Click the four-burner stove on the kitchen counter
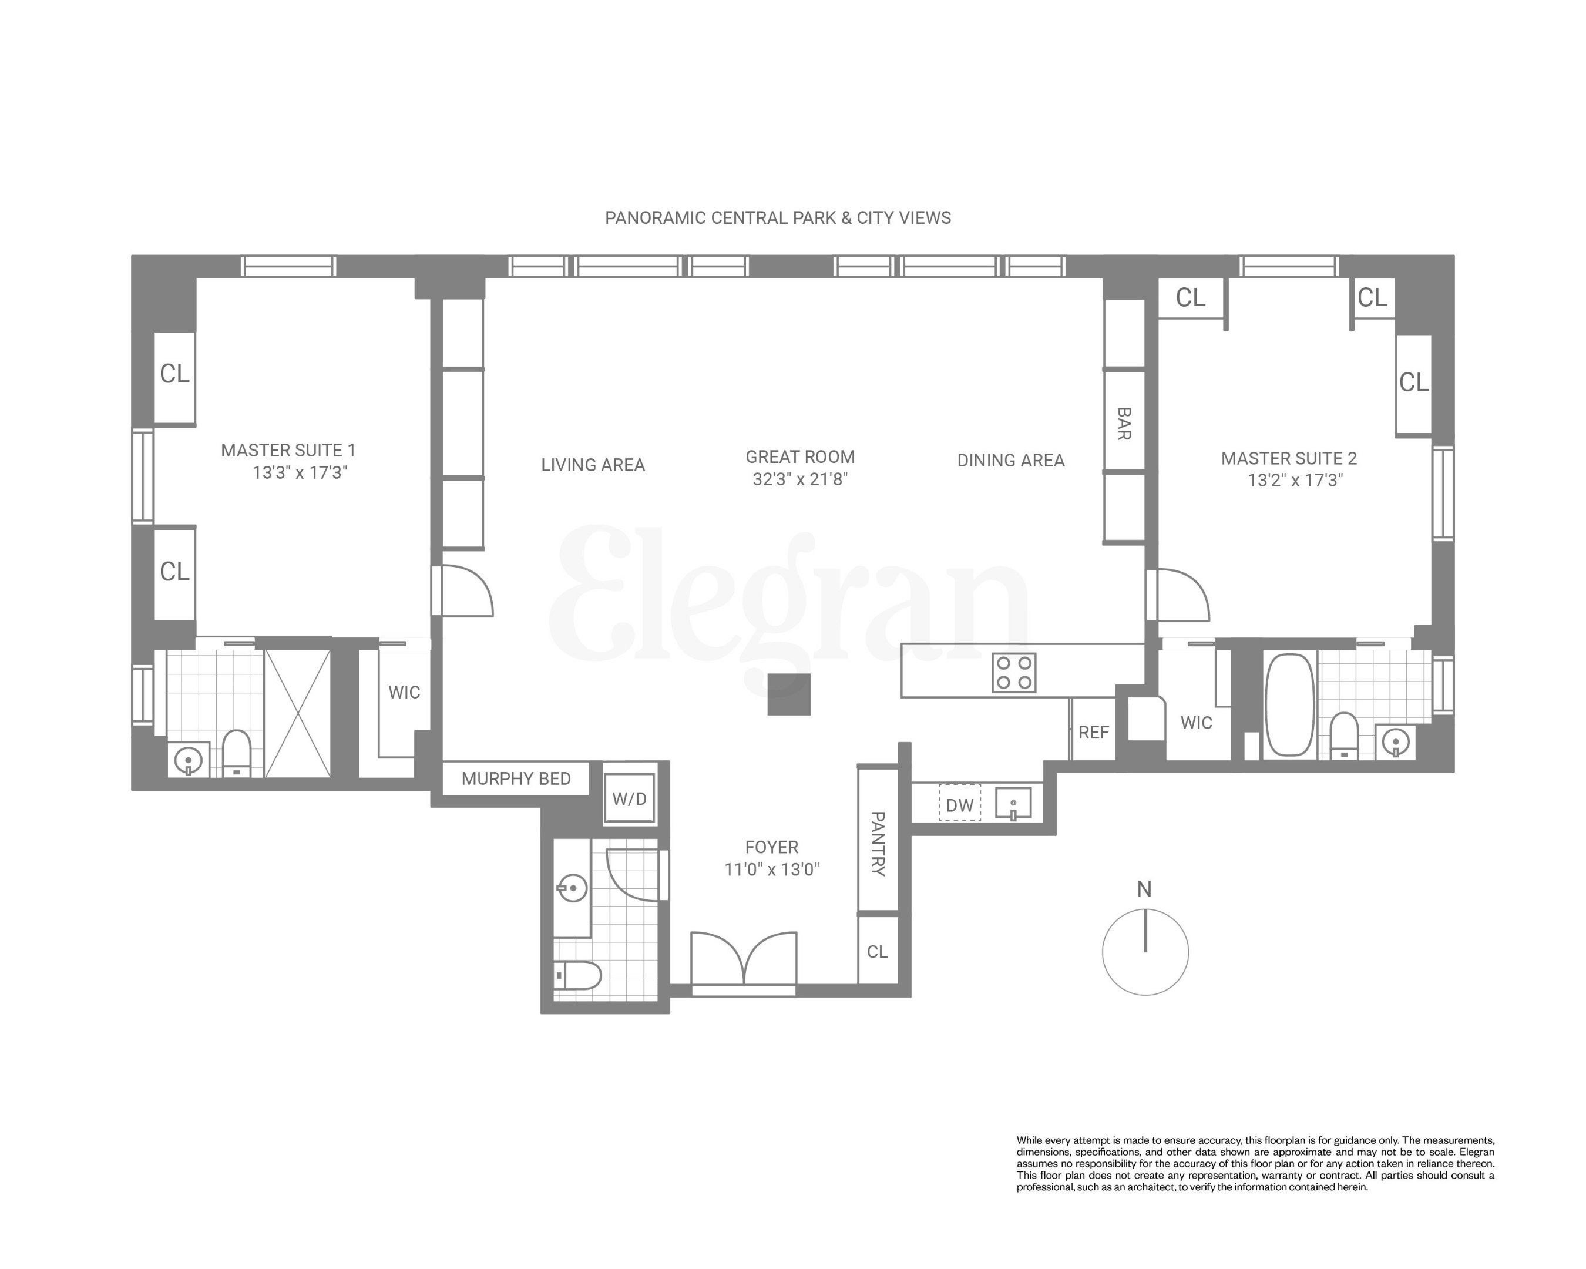1014,672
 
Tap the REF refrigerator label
1093,732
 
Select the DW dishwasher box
959,805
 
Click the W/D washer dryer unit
629,799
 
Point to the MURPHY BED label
516,778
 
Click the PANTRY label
878,843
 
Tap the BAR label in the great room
1123,424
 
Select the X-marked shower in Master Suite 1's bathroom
297,712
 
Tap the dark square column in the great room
788,694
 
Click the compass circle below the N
1145,952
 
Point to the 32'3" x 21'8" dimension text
799,479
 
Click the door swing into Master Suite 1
465,590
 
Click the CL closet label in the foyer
877,952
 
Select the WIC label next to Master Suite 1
404,692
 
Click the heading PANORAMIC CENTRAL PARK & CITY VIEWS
778,218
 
